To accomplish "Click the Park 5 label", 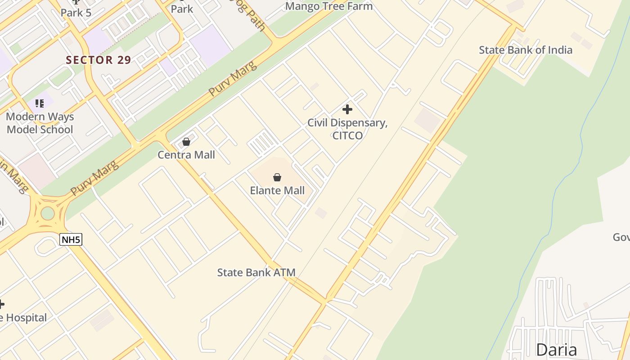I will pos(76,13).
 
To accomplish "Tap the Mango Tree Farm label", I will pos(329,6).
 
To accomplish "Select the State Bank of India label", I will pos(525,50).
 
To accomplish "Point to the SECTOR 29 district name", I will pos(99,60).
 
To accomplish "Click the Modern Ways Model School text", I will pos(40,123).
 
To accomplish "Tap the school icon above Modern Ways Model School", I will pos(40,103).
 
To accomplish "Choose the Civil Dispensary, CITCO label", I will pos(347,129).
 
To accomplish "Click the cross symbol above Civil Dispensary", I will pos(347,109).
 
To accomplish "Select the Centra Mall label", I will pos(186,155).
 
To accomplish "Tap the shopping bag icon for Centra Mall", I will pos(186,142).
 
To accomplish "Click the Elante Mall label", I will pos(277,190).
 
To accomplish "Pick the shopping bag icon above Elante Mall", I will pos(277,177).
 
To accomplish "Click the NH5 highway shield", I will pos(71,239).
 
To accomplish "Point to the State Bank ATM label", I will pos(256,272).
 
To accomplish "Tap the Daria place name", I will pos(556,350).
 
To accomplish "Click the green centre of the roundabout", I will pos(47,213).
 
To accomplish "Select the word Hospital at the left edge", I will pos(26,318).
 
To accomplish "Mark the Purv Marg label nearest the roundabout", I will pos(95,178).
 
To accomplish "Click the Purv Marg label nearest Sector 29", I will pos(233,78).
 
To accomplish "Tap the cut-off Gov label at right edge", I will pos(621,237).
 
